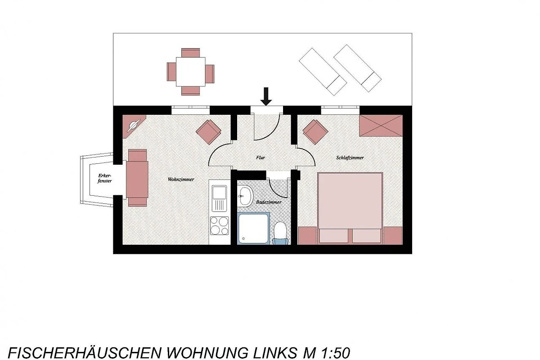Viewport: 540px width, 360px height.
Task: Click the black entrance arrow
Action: click(x=266, y=96)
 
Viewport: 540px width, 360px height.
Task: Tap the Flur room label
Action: click(x=261, y=157)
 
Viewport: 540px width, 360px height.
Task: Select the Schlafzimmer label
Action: click(x=350, y=157)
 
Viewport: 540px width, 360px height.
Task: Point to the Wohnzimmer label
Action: click(x=181, y=180)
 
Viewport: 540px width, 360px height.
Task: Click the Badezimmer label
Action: click(x=269, y=202)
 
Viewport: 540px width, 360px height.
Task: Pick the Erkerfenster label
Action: click(x=104, y=178)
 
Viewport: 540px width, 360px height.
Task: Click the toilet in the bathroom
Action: click(x=280, y=233)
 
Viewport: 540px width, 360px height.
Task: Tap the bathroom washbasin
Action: click(x=245, y=197)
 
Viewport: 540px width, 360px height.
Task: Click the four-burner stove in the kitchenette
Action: click(x=220, y=226)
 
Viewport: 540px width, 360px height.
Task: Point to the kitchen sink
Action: click(x=219, y=198)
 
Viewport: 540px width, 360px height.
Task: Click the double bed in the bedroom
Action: click(x=350, y=208)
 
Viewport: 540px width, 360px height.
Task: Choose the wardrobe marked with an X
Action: click(x=381, y=126)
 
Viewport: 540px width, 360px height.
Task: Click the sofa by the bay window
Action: click(x=137, y=178)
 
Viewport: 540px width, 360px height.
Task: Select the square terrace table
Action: click(x=190, y=72)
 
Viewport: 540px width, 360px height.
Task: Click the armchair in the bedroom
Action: click(x=315, y=132)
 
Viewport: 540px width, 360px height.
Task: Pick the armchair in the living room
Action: click(x=208, y=132)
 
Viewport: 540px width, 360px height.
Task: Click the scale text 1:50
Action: click(x=336, y=353)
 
